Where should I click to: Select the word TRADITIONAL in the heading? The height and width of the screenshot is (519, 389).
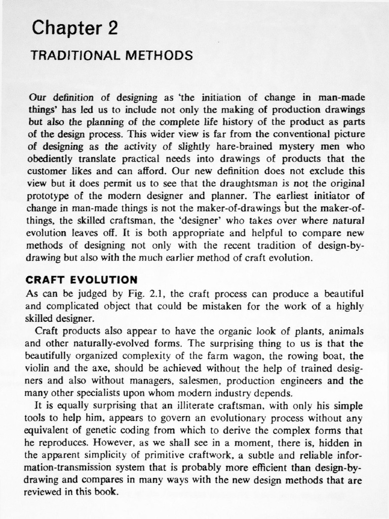point(75,55)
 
